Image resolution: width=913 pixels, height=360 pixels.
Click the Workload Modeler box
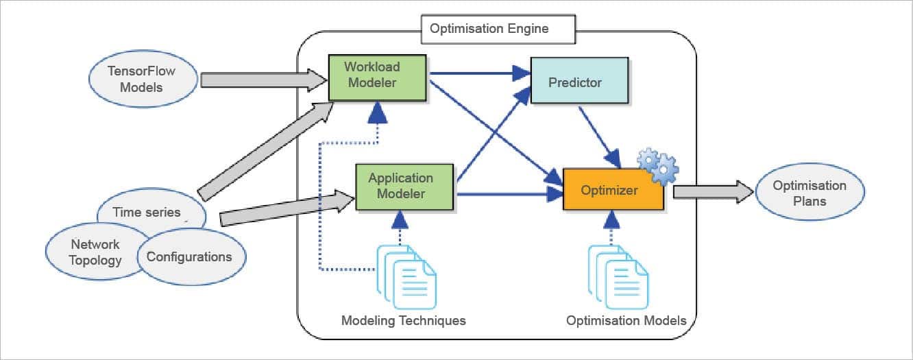[377, 77]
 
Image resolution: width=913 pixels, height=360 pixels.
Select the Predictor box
[579, 82]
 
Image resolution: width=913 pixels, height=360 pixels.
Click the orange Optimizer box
[613, 189]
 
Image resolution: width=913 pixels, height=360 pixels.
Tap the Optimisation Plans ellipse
[809, 193]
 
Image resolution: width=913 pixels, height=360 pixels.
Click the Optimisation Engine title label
[489, 29]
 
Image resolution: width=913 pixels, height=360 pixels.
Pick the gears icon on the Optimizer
[657, 165]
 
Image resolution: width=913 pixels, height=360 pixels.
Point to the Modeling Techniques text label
[404, 320]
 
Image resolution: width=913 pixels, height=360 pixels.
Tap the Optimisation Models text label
[626, 320]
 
